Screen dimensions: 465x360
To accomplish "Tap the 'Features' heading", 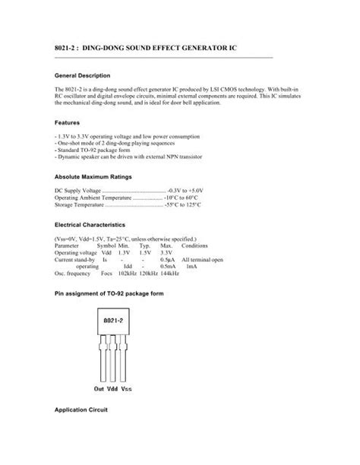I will (68, 122).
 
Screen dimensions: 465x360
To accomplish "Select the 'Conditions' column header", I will (195, 245).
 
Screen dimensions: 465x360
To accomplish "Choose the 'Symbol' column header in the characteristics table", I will (106, 245).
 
